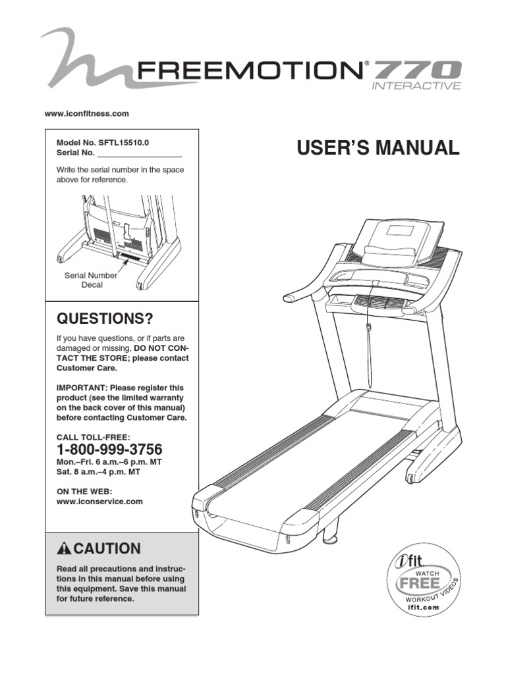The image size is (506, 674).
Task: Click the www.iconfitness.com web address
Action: [86, 114]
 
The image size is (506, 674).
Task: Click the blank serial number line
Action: [139, 154]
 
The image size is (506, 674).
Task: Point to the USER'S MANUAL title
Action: [378, 148]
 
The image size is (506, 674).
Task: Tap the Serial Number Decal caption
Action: [91, 280]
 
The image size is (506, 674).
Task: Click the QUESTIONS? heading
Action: [105, 319]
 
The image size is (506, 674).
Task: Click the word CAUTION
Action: [107, 548]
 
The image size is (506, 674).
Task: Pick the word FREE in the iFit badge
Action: [418, 584]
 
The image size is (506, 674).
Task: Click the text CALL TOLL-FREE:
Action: [93, 436]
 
